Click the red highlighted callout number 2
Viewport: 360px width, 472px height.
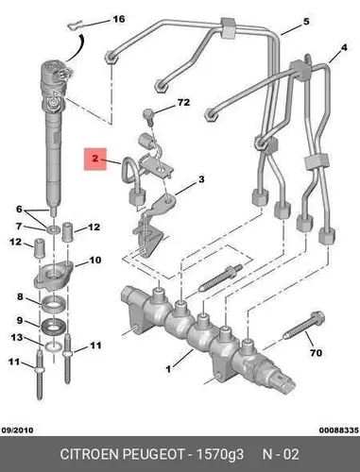pos(95,159)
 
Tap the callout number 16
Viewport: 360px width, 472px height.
pos(119,19)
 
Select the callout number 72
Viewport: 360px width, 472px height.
pos(183,103)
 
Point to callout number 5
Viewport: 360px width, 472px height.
pos(306,22)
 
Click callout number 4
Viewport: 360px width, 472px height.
pos(344,48)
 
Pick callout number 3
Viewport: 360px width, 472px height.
pos(201,179)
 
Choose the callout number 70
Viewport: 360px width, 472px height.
pos(316,353)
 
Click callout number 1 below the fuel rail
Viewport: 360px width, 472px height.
pos(168,369)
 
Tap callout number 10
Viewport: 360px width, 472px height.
pos(95,261)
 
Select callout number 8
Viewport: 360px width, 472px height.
pos(20,296)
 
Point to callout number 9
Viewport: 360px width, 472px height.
pos(20,321)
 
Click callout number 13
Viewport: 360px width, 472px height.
pos(17,338)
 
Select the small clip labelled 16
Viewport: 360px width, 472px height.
pos(75,25)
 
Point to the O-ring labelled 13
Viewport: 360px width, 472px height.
pos(54,346)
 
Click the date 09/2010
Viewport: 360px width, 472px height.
pos(17,430)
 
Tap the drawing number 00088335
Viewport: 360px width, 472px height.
pos(339,430)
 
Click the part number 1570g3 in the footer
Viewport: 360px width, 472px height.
pos(220,455)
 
